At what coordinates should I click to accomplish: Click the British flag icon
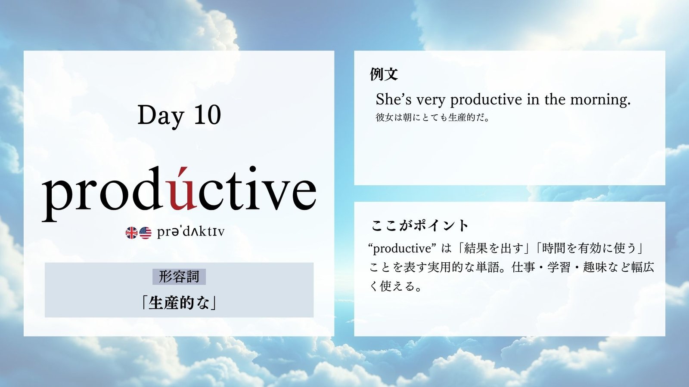point(131,233)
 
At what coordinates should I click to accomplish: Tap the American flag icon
point(145,233)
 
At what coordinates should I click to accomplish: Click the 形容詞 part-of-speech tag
point(179,277)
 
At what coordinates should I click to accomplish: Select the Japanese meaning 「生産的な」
point(179,303)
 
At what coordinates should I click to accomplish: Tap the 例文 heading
point(384,74)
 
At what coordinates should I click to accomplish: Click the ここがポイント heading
point(419,225)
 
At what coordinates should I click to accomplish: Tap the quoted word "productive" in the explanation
point(403,249)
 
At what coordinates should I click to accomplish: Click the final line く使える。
point(395,286)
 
